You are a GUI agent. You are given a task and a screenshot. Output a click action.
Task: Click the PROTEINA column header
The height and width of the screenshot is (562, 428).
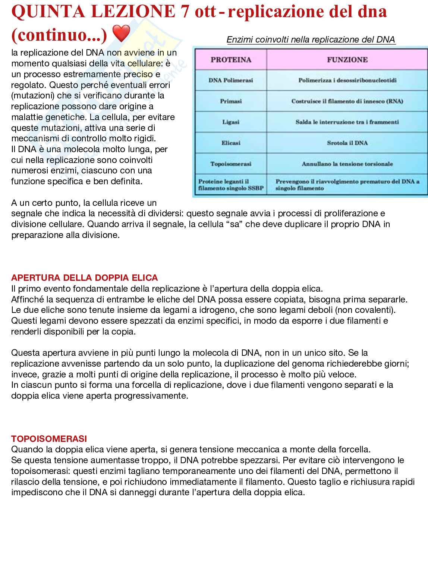click(x=231, y=60)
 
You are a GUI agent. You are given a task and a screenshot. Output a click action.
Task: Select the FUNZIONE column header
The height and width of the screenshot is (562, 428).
click(x=347, y=60)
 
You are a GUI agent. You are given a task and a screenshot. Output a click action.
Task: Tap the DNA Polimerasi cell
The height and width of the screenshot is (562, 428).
click(x=231, y=80)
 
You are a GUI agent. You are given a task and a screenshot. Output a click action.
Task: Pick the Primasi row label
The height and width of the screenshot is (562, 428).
click(x=231, y=101)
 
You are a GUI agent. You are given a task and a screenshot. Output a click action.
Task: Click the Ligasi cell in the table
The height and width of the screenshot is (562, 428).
click(x=231, y=122)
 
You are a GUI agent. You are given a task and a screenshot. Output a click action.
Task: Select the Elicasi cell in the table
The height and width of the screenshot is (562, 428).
click(x=231, y=143)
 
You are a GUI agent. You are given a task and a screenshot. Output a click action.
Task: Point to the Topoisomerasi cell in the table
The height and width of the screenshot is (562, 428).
click(x=231, y=164)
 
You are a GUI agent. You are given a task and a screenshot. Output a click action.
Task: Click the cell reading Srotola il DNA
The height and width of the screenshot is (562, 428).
click(x=347, y=143)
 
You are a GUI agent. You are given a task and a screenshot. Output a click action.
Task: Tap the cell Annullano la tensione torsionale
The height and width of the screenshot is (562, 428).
click(x=347, y=164)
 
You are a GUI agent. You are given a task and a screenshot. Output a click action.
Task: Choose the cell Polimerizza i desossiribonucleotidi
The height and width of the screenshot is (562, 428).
click(x=347, y=80)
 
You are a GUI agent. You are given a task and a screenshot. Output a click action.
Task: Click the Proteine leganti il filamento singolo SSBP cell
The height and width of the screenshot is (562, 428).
click(x=231, y=185)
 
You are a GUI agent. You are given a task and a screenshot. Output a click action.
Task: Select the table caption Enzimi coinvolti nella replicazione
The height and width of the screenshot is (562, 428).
click(x=311, y=40)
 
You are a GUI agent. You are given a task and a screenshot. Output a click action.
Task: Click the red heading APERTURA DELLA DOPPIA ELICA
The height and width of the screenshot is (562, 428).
click(x=85, y=278)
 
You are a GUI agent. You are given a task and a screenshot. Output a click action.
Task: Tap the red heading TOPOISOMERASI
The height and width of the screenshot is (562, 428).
click(x=49, y=439)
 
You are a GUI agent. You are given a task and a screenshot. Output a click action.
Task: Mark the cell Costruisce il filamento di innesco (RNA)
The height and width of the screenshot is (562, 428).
click(x=347, y=101)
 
